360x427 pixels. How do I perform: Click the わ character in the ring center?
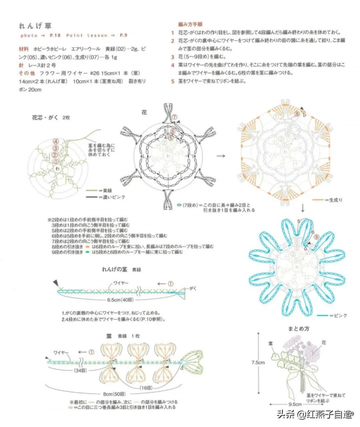(58, 169)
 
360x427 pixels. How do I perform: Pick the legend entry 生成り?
(334, 199)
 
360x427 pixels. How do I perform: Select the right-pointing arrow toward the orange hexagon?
(221, 155)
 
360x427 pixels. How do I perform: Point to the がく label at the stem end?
(193, 288)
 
